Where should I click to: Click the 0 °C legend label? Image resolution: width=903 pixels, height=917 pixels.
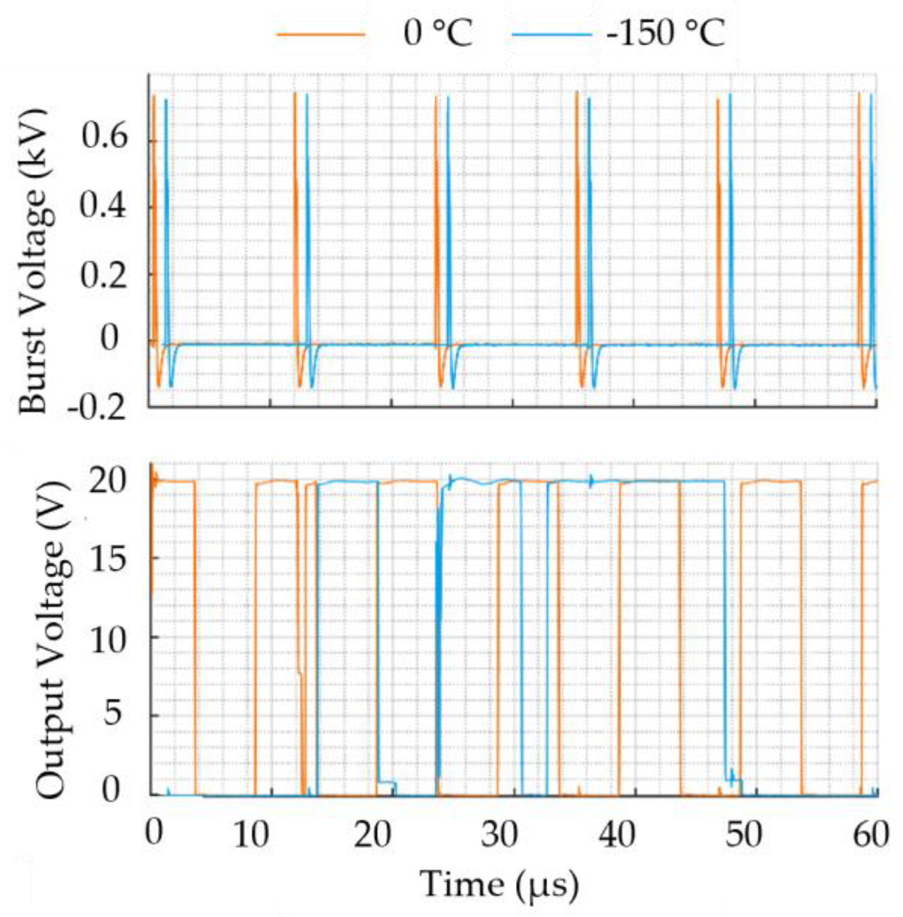pyautogui.click(x=438, y=34)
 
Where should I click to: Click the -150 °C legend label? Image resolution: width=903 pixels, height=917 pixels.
pyautogui.click(x=665, y=34)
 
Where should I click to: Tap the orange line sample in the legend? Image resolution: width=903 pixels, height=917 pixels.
pyautogui.click(x=321, y=34)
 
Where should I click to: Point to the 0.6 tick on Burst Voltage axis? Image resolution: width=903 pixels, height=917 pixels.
pyautogui.click(x=104, y=136)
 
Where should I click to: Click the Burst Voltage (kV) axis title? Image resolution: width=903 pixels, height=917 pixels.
pyautogui.click(x=33, y=262)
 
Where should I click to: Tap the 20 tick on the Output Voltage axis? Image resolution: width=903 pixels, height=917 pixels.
pyautogui.click(x=107, y=482)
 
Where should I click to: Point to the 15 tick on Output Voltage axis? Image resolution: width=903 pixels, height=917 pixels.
pyautogui.click(x=107, y=559)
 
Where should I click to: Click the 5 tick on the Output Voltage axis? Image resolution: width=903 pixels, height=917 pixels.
pyautogui.click(x=113, y=714)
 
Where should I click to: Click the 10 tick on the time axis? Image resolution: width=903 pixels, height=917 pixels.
pyautogui.click(x=251, y=834)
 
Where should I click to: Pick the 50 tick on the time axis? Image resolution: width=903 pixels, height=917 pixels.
pyautogui.click(x=743, y=834)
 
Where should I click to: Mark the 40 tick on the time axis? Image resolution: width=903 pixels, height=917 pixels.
pyautogui.click(x=617, y=834)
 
